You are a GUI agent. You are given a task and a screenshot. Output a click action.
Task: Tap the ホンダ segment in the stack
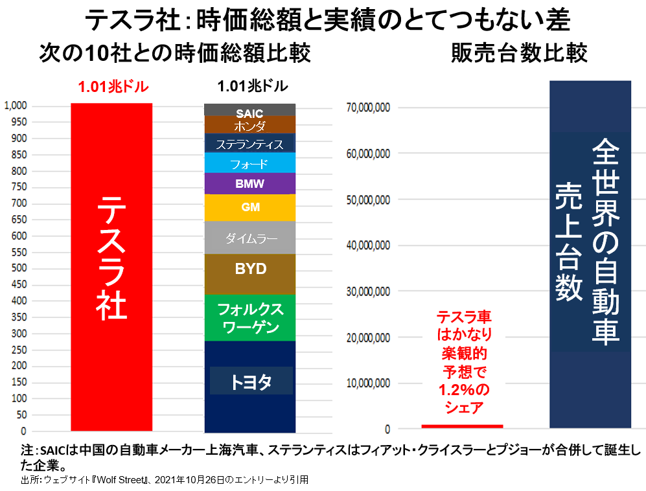click(249, 126)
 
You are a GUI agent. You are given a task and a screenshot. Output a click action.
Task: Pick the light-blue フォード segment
click(249, 163)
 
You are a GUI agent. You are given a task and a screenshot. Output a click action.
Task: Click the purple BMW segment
click(249, 184)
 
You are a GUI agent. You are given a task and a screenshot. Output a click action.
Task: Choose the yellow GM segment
click(249, 208)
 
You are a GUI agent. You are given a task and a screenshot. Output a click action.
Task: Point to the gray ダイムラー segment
click(250, 238)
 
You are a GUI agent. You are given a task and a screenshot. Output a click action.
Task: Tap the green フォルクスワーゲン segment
click(250, 317)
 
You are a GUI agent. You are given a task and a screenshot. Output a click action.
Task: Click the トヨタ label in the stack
click(251, 382)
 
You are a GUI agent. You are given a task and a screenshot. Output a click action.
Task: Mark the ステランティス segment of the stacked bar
click(249, 144)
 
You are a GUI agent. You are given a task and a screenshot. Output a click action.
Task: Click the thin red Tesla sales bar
click(462, 426)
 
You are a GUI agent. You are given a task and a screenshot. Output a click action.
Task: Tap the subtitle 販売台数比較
click(519, 53)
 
